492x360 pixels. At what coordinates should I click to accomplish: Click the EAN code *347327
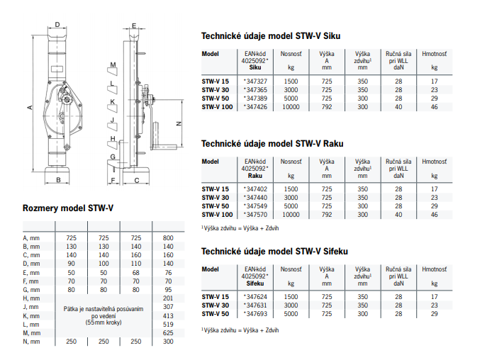tap(255, 81)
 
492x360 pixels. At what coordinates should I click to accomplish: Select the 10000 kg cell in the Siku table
tap(291, 107)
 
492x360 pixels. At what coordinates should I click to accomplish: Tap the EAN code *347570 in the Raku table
tap(255, 215)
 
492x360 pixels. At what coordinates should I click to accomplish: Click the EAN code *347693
tap(255, 314)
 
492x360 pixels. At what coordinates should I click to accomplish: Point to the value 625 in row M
tap(168, 333)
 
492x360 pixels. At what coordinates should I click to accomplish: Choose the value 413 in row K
tap(168, 316)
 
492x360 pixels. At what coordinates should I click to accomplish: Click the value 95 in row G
tap(168, 290)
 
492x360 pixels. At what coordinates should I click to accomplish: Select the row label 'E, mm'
tap(30, 273)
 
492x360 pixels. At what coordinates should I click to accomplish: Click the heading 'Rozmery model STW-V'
tap(68, 208)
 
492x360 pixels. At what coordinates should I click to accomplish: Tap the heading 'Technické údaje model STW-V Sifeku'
tap(274, 252)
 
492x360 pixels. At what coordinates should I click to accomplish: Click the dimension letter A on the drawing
tap(30, 108)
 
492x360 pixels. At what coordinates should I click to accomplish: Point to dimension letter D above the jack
tap(57, 25)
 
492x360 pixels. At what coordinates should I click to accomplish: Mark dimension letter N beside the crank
tap(179, 124)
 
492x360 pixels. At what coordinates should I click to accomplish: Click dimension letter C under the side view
tap(137, 180)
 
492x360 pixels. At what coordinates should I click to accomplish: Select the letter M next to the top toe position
tap(113, 64)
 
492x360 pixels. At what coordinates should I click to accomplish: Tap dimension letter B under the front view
tap(58, 180)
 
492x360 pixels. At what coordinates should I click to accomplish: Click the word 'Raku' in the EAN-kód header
tap(255, 176)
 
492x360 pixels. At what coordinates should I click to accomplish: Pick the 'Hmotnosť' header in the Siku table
tap(435, 54)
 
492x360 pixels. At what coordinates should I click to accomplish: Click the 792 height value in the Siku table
tap(327, 107)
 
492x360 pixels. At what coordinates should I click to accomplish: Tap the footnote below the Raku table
tap(240, 228)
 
